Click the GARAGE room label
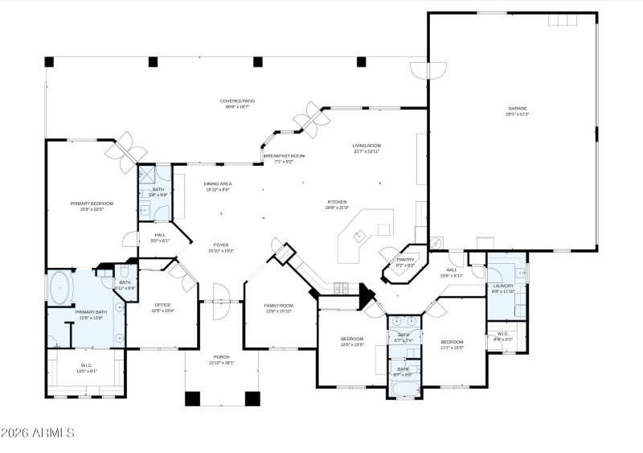click(x=518, y=111)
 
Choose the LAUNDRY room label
click(x=504, y=287)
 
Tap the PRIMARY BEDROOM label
click(x=92, y=206)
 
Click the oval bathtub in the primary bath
click(x=60, y=287)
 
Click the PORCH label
click(x=221, y=360)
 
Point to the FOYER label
click(x=221, y=247)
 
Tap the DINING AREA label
click(x=218, y=187)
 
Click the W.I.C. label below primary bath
click(x=86, y=369)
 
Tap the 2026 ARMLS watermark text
click(x=38, y=434)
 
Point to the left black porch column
click(x=193, y=397)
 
